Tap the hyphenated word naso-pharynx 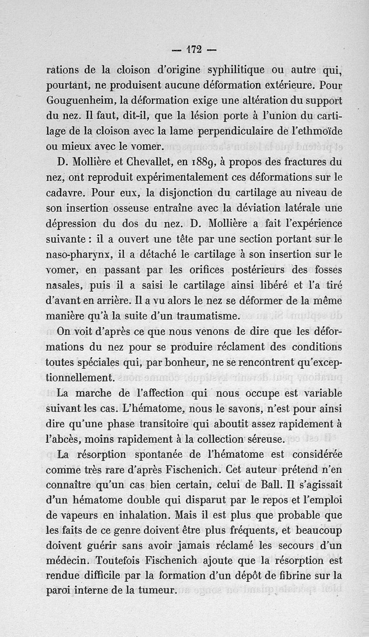(x=78, y=254)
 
